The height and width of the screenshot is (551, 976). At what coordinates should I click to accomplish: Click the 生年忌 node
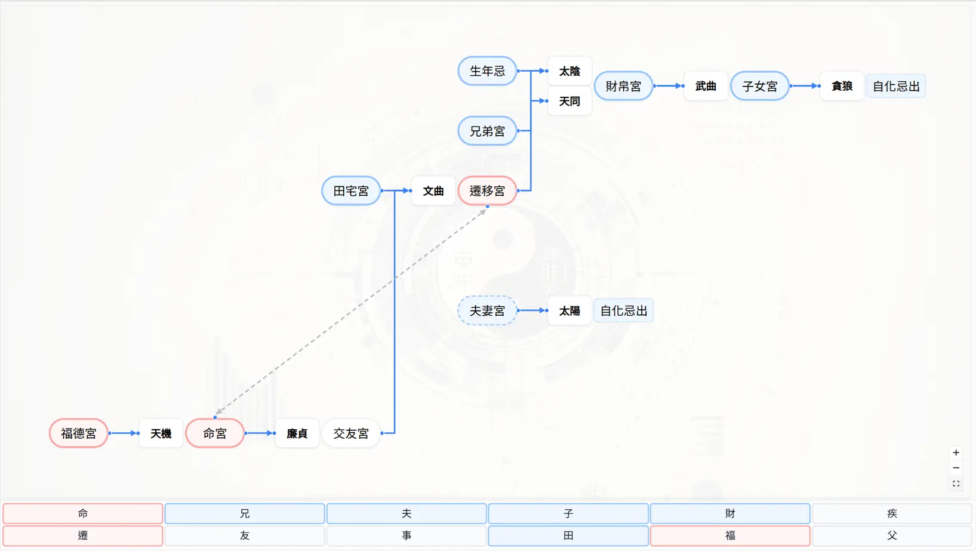pos(487,71)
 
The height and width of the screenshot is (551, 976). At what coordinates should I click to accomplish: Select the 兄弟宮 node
pos(487,131)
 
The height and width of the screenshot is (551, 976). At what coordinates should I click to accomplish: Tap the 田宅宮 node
pos(351,191)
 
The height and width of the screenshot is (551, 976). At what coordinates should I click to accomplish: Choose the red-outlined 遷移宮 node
pos(487,191)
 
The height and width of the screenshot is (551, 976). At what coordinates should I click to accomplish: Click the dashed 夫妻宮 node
pos(487,310)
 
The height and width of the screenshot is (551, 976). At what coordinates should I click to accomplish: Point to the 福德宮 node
pos(79,433)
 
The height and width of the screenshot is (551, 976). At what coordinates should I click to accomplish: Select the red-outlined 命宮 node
pos(215,433)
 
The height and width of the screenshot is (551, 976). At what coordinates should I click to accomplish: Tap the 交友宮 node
pos(351,433)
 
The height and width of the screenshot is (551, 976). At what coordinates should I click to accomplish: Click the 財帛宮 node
pos(623,86)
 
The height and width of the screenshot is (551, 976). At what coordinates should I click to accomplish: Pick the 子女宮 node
pos(759,86)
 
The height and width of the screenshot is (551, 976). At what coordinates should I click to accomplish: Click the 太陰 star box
pos(569,71)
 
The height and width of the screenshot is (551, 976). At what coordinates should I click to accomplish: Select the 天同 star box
pos(569,101)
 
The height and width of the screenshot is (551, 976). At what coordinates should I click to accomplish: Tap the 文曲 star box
pos(433,191)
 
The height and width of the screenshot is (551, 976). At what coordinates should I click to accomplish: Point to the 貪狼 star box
pos(842,86)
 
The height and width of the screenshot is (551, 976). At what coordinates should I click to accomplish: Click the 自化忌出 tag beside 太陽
pos(623,310)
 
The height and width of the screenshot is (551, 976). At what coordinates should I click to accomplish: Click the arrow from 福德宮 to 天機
pos(124,433)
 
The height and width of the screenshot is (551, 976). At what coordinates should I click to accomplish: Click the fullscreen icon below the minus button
pos(956,484)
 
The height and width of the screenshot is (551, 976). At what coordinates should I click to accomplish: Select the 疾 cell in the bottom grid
pos(892,513)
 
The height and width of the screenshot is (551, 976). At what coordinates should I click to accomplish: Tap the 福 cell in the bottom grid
pos(729,535)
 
